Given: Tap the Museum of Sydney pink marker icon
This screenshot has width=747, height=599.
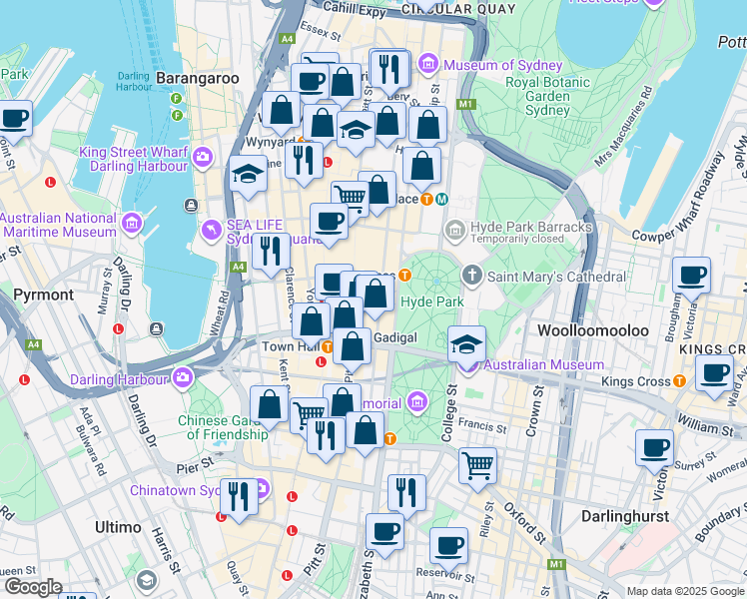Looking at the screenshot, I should point(429,65).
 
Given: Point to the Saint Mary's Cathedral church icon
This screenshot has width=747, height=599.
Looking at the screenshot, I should point(471,275).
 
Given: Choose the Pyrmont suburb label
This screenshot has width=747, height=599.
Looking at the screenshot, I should point(44,295).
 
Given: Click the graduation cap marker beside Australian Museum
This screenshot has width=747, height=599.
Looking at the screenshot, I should point(466,345).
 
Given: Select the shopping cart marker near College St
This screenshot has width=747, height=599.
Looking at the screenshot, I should point(478,465).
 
